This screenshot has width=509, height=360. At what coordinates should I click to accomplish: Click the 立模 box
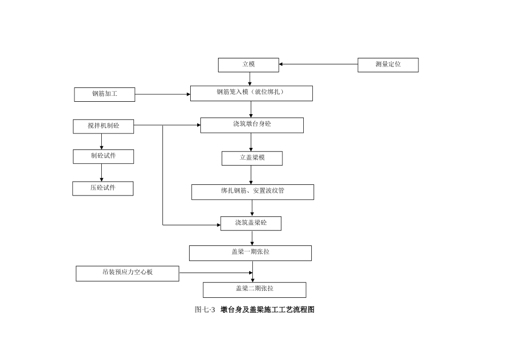pos(248,65)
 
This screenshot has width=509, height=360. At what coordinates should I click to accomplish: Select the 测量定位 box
pos(388,65)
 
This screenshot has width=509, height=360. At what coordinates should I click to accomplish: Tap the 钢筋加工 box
pos(104,94)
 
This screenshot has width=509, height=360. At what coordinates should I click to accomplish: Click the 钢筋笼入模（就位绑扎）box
pos(251,93)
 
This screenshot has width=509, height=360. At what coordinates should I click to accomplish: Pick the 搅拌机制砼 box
pos(103,126)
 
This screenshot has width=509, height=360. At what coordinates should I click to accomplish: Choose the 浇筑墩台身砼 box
pos(252,125)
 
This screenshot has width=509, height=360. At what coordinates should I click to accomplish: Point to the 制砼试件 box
pos(103,156)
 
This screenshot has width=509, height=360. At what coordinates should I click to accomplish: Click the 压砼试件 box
pos(103,189)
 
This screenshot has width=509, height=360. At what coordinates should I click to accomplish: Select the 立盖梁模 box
pos(252,159)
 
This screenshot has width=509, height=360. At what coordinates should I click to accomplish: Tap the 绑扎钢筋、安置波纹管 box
pos(252,192)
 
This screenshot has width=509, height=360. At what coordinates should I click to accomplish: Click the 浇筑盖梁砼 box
pos(251,223)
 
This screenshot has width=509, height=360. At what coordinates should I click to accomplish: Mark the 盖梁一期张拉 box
pos(250,253)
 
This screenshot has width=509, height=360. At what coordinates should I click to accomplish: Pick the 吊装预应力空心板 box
pos(128,273)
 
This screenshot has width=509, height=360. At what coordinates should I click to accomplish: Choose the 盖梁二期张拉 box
pos(254,290)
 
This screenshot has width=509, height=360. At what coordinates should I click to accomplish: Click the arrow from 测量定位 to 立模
pos(318,64)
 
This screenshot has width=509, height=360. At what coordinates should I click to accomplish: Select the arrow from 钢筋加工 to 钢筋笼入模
pos(162,94)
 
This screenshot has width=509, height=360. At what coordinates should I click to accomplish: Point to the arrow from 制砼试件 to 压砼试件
pos(102,172)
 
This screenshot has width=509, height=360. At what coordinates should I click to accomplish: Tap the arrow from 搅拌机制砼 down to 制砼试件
pos(102,141)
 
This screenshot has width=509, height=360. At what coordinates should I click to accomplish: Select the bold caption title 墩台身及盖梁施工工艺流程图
pos(267,310)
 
